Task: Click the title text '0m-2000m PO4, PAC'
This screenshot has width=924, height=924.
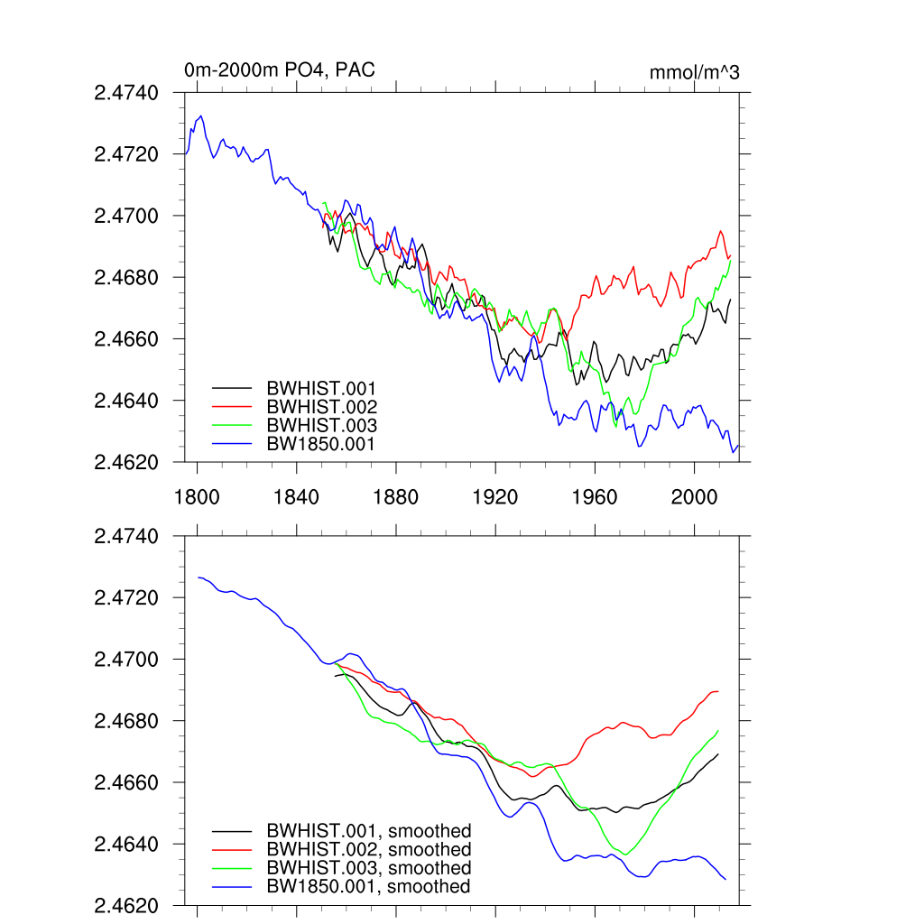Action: pos(279,70)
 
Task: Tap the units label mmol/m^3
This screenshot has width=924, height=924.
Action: pos(694,72)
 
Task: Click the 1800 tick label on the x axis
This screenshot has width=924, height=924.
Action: pos(197,495)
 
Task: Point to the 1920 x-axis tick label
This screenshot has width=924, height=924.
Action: pos(494,495)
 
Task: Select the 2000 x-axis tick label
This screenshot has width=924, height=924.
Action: pos(693,495)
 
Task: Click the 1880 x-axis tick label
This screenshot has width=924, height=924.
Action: pos(395,495)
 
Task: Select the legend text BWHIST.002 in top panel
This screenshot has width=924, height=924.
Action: pos(321,406)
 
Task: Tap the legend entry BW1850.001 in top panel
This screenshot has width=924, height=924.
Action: pos(320,444)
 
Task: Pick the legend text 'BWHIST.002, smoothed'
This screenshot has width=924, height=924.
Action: pos(368,849)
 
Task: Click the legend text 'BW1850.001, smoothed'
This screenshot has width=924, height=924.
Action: pos(368,887)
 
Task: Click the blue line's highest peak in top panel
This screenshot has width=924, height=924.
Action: pos(201,115)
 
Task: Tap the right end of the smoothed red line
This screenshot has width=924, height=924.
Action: pos(718,691)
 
